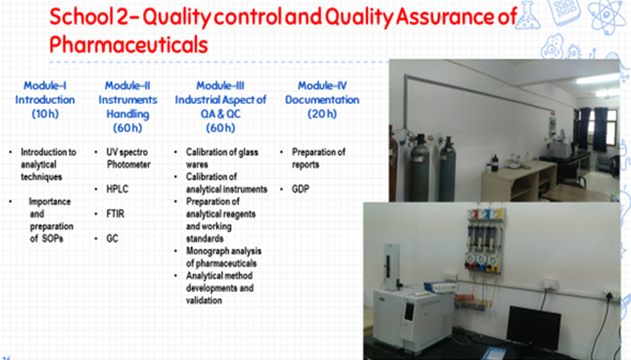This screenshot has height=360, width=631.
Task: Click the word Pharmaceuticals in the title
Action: tap(128, 44)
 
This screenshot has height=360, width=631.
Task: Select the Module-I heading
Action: tap(45, 85)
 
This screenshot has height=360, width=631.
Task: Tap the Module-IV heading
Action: tap(322, 85)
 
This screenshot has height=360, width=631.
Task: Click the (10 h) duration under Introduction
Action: tap(45, 114)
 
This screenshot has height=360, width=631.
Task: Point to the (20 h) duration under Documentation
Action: tap(322, 114)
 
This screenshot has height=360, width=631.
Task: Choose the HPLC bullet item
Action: tap(117, 189)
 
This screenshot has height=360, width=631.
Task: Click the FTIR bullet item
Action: tap(115, 214)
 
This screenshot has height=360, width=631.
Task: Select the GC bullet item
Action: tap(112, 238)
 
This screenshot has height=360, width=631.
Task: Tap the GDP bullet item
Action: tap(300, 189)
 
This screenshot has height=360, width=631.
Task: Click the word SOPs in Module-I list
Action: tap(52, 238)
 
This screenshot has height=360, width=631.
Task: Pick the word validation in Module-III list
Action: tap(204, 301)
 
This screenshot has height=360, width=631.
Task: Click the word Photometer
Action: tap(129, 164)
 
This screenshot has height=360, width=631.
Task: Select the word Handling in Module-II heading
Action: tap(128, 114)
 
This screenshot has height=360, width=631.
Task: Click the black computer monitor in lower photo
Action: tap(534, 327)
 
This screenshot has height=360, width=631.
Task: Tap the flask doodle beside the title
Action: tap(528, 15)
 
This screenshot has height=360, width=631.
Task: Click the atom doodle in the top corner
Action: tap(606, 15)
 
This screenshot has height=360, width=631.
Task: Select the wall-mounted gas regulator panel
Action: tap(484, 240)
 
